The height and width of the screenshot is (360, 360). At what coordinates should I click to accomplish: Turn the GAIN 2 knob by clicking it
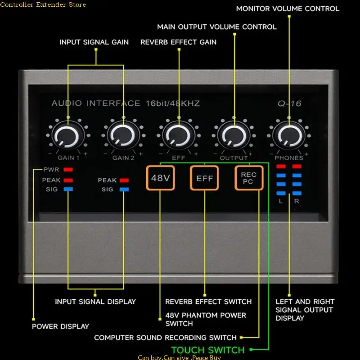(123, 136)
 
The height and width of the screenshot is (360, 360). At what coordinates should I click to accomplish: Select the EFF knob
(178, 136)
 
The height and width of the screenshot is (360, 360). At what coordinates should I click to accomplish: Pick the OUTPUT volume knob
(234, 136)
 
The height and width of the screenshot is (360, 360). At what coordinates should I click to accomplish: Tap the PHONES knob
(289, 136)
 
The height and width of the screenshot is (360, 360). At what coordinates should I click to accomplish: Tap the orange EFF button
(204, 178)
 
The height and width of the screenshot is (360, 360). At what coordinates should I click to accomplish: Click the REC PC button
(249, 178)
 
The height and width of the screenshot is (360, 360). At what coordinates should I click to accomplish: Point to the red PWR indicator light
(68, 170)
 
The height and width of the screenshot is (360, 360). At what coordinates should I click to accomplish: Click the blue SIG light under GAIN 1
(68, 189)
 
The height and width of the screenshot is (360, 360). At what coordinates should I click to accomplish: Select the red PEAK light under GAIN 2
(124, 180)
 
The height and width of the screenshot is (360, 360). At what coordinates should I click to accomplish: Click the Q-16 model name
(289, 103)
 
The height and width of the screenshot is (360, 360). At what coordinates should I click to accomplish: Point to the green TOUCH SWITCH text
(208, 350)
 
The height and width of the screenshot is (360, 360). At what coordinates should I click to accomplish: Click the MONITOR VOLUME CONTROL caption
(288, 9)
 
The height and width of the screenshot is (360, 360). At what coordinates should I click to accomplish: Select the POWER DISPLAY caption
(60, 326)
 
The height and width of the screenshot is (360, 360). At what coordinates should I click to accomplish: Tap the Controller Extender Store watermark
(43, 4)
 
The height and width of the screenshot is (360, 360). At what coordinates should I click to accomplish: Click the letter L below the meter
(281, 201)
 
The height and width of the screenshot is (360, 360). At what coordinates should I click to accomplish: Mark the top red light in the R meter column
(297, 166)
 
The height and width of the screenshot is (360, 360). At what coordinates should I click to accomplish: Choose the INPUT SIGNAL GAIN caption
(94, 42)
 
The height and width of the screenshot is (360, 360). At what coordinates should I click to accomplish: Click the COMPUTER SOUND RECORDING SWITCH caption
(165, 337)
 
